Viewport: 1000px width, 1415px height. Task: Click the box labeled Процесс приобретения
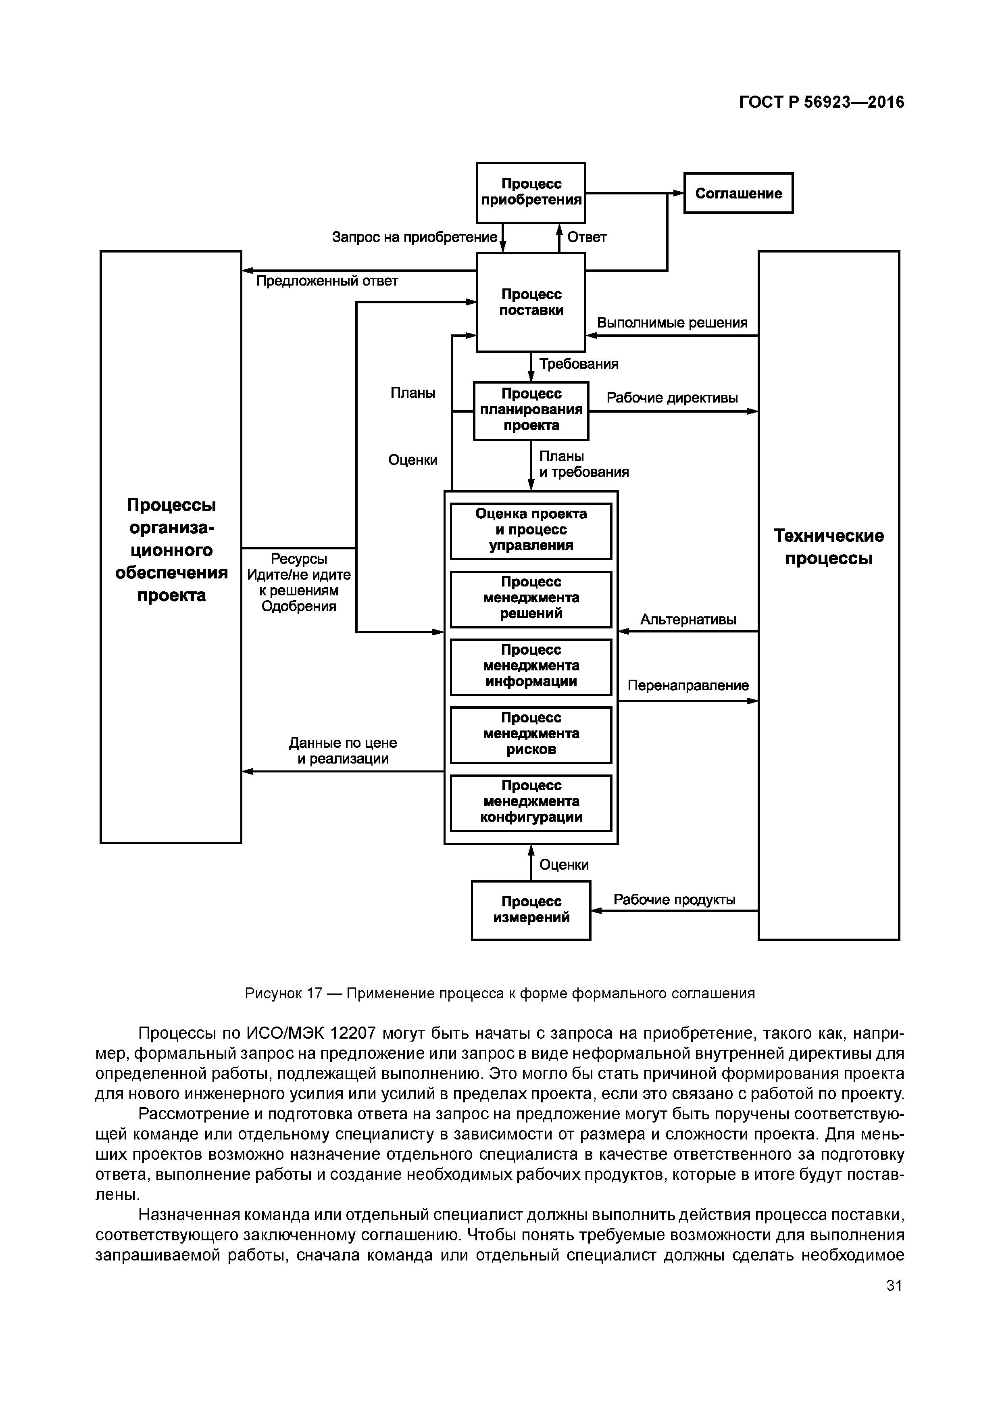(x=531, y=192)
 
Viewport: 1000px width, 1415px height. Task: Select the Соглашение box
(x=738, y=193)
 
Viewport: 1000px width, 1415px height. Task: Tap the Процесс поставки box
(x=531, y=302)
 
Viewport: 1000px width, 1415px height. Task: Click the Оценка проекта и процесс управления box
(x=531, y=530)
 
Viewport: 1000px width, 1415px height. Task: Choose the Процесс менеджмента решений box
(x=531, y=598)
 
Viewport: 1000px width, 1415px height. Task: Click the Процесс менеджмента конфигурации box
(x=531, y=802)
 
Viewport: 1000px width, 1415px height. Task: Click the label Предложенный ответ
(x=327, y=281)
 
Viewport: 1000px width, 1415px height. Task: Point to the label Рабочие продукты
(x=674, y=900)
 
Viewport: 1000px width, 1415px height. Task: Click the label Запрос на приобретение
(x=414, y=237)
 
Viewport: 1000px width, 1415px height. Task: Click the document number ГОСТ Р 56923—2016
(x=821, y=102)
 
